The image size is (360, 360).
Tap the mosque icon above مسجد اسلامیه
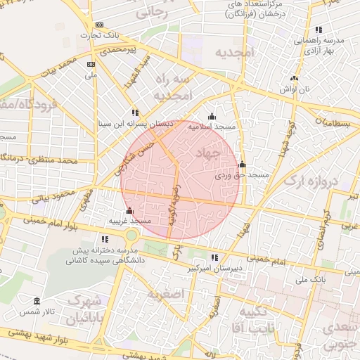(212, 117)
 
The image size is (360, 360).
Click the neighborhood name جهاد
(210, 153)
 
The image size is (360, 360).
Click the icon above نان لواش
(294, 79)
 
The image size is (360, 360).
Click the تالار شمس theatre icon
(37, 301)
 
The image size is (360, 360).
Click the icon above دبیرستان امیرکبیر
(214, 258)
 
